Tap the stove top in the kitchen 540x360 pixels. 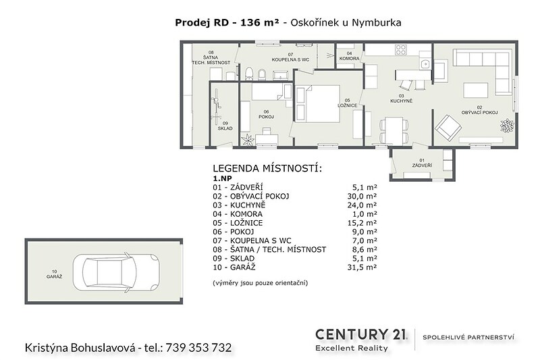pos(401,50)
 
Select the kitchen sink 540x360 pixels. pos(425,63)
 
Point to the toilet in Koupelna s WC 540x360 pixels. pos(249,74)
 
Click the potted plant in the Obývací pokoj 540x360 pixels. pos(507,126)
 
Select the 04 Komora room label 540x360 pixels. pos(349,56)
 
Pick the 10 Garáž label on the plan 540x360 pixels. pos(55,274)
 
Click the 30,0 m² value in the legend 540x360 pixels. pos(362,197)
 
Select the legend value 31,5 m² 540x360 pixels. pos(362,267)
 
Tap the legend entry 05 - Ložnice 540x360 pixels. pos(238,223)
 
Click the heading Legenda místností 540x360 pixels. pos(267,168)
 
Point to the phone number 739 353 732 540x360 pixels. pos(198,348)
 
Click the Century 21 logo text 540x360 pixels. pos(360,334)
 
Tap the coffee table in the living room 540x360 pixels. pos(476,91)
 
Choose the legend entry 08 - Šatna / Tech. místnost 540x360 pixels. pos(269,249)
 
